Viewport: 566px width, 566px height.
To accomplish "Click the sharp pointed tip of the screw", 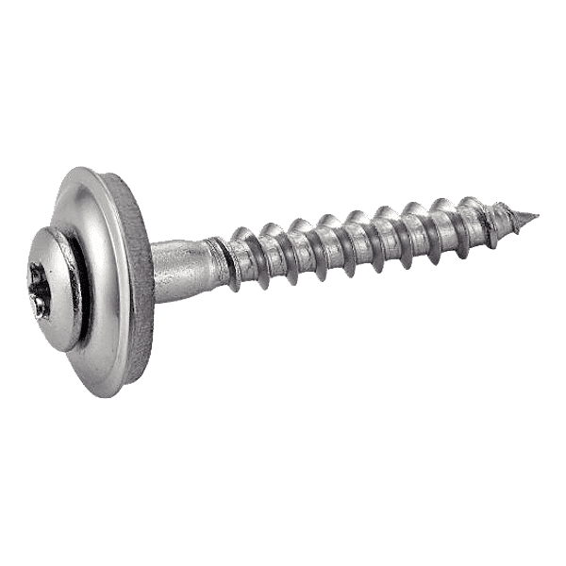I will pos(537,216).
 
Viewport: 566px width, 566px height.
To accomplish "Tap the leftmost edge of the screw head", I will pos(23,283).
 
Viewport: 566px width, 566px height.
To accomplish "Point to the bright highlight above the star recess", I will pos(47,247).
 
